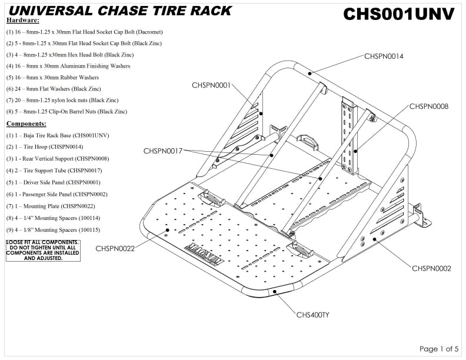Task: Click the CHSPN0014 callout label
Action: click(384, 56)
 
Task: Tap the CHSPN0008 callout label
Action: click(429, 106)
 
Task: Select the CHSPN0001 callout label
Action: click(211, 85)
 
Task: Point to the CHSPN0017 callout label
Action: click(162, 151)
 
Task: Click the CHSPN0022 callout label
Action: click(115, 248)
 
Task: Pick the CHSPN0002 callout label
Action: click(431, 268)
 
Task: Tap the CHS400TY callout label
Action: click(312, 315)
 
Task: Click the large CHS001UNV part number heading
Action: click(398, 14)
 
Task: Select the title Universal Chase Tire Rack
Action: click(121, 11)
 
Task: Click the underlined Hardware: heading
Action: click(22, 21)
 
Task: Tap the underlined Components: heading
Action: click(26, 124)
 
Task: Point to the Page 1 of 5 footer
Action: click(438, 349)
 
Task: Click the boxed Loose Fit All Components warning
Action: click(42, 250)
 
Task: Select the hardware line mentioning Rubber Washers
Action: click(52, 78)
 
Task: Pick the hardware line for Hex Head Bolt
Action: click(69, 55)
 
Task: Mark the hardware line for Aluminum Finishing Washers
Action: click(68, 66)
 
